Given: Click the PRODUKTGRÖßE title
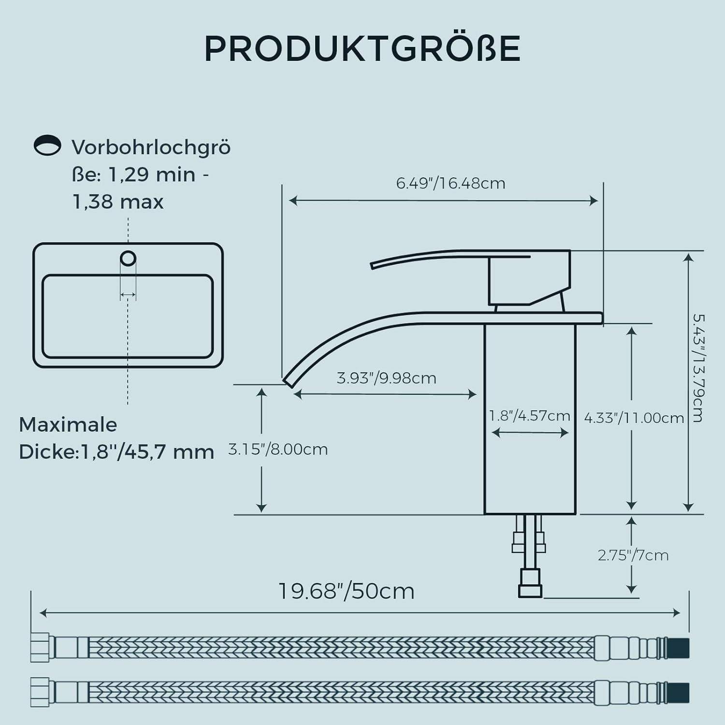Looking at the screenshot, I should click(362, 48).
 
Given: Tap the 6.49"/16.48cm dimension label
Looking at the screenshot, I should click(450, 184).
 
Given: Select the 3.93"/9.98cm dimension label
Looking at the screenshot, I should click(386, 378).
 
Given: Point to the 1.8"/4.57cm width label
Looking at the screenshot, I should click(529, 416).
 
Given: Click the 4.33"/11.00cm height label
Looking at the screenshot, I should click(634, 418).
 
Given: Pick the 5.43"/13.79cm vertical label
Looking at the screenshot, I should click(698, 368).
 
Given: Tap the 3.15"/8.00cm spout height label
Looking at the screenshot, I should click(278, 449).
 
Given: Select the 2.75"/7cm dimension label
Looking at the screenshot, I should click(633, 555).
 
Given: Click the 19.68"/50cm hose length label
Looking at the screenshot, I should click(347, 591).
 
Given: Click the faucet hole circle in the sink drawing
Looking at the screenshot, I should click(128, 259).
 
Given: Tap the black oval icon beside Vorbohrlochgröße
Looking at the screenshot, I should click(47, 145).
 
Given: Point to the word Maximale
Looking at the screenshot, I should click(68, 425).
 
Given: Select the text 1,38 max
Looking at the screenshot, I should click(118, 202).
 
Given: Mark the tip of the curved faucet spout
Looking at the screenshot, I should click(289, 381).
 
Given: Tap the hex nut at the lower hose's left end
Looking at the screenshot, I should click(40, 692).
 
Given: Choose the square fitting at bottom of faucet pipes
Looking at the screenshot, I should click(530, 591).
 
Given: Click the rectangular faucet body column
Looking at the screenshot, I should click(530, 464).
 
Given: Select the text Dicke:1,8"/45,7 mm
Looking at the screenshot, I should click(116, 452).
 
